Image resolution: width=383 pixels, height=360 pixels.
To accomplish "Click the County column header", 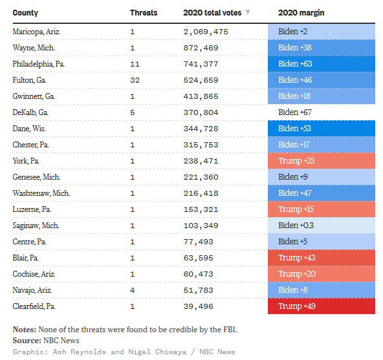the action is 25,13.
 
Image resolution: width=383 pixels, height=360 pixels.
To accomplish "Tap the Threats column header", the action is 144,13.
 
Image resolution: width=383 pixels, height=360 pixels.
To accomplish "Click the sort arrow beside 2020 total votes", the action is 248,12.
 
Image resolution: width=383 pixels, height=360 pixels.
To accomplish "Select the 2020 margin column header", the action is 301,13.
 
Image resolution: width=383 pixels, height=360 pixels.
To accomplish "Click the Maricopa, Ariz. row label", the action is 36,32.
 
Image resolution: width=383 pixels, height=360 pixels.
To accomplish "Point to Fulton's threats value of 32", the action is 135,80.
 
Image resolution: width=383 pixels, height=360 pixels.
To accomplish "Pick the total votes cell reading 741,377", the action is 201,64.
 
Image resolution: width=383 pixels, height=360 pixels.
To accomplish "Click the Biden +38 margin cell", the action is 322,48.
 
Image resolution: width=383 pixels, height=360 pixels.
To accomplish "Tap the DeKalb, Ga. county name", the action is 30,112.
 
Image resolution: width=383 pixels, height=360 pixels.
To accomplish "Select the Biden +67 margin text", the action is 295,112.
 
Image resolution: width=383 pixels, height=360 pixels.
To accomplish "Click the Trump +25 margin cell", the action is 322,161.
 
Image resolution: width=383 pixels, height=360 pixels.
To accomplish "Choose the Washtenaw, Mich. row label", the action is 41,193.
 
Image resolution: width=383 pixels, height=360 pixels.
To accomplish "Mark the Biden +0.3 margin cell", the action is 322,226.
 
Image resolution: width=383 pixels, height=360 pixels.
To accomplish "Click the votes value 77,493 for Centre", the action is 199,242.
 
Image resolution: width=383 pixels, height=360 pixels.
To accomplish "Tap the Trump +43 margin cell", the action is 322,258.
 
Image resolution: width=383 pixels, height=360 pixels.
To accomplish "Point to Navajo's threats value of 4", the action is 133,290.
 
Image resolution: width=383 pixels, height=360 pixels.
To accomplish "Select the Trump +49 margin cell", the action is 322,306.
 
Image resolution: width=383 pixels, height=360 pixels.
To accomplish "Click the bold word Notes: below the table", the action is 25,330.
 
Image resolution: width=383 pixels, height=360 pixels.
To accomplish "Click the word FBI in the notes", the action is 230,330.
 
